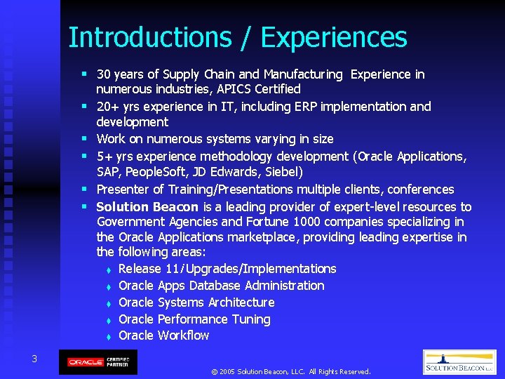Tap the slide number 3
(x=34, y=359)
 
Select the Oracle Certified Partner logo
(x=97, y=362)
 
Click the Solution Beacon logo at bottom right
(x=459, y=362)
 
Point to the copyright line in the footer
(x=290, y=371)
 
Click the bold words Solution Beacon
(x=148, y=207)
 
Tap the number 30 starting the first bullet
(x=104, y=74)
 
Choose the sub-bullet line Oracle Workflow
(x=164, y=335)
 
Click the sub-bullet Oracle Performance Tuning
(x=194, y=319)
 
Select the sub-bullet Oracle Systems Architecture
(x=196, y=302)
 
